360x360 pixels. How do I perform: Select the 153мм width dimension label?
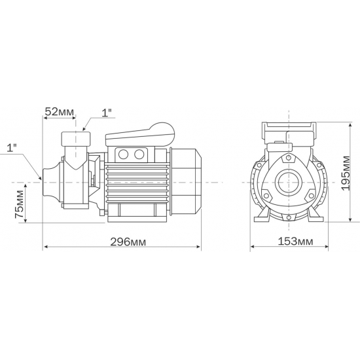point(291,242)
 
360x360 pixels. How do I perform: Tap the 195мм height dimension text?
point(347,171)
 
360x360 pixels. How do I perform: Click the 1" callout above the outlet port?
point(107,113)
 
